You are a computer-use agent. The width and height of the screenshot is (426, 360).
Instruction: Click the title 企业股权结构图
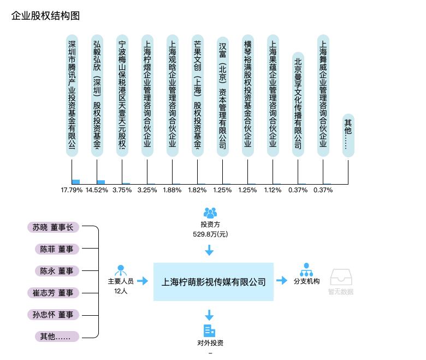coord(45,16)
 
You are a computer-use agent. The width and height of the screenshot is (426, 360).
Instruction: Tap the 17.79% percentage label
coord(72,190)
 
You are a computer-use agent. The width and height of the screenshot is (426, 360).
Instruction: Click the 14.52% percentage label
coord(97,190)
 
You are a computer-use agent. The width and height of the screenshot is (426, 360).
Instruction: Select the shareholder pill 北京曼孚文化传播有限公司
coord(298,104)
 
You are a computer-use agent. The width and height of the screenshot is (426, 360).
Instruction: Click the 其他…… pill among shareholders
coord(348,135)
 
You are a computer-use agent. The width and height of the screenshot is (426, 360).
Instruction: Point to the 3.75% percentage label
coord(122,190)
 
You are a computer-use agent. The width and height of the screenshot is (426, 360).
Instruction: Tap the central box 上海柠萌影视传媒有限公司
coord(214,282)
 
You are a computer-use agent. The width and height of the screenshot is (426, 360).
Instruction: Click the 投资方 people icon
coord(210,213)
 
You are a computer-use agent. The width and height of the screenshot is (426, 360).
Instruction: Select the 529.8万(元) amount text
coord(210,234)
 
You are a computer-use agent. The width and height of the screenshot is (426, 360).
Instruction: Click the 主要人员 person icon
coord(121,270)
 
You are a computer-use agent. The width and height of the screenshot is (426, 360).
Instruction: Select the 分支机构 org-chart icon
coord(306,270)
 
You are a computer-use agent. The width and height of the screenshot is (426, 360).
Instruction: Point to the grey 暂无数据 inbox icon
coord(341,277)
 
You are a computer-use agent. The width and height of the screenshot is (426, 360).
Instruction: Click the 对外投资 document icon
coord(209,331)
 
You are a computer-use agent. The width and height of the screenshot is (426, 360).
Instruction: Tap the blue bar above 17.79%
coord(76,182)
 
